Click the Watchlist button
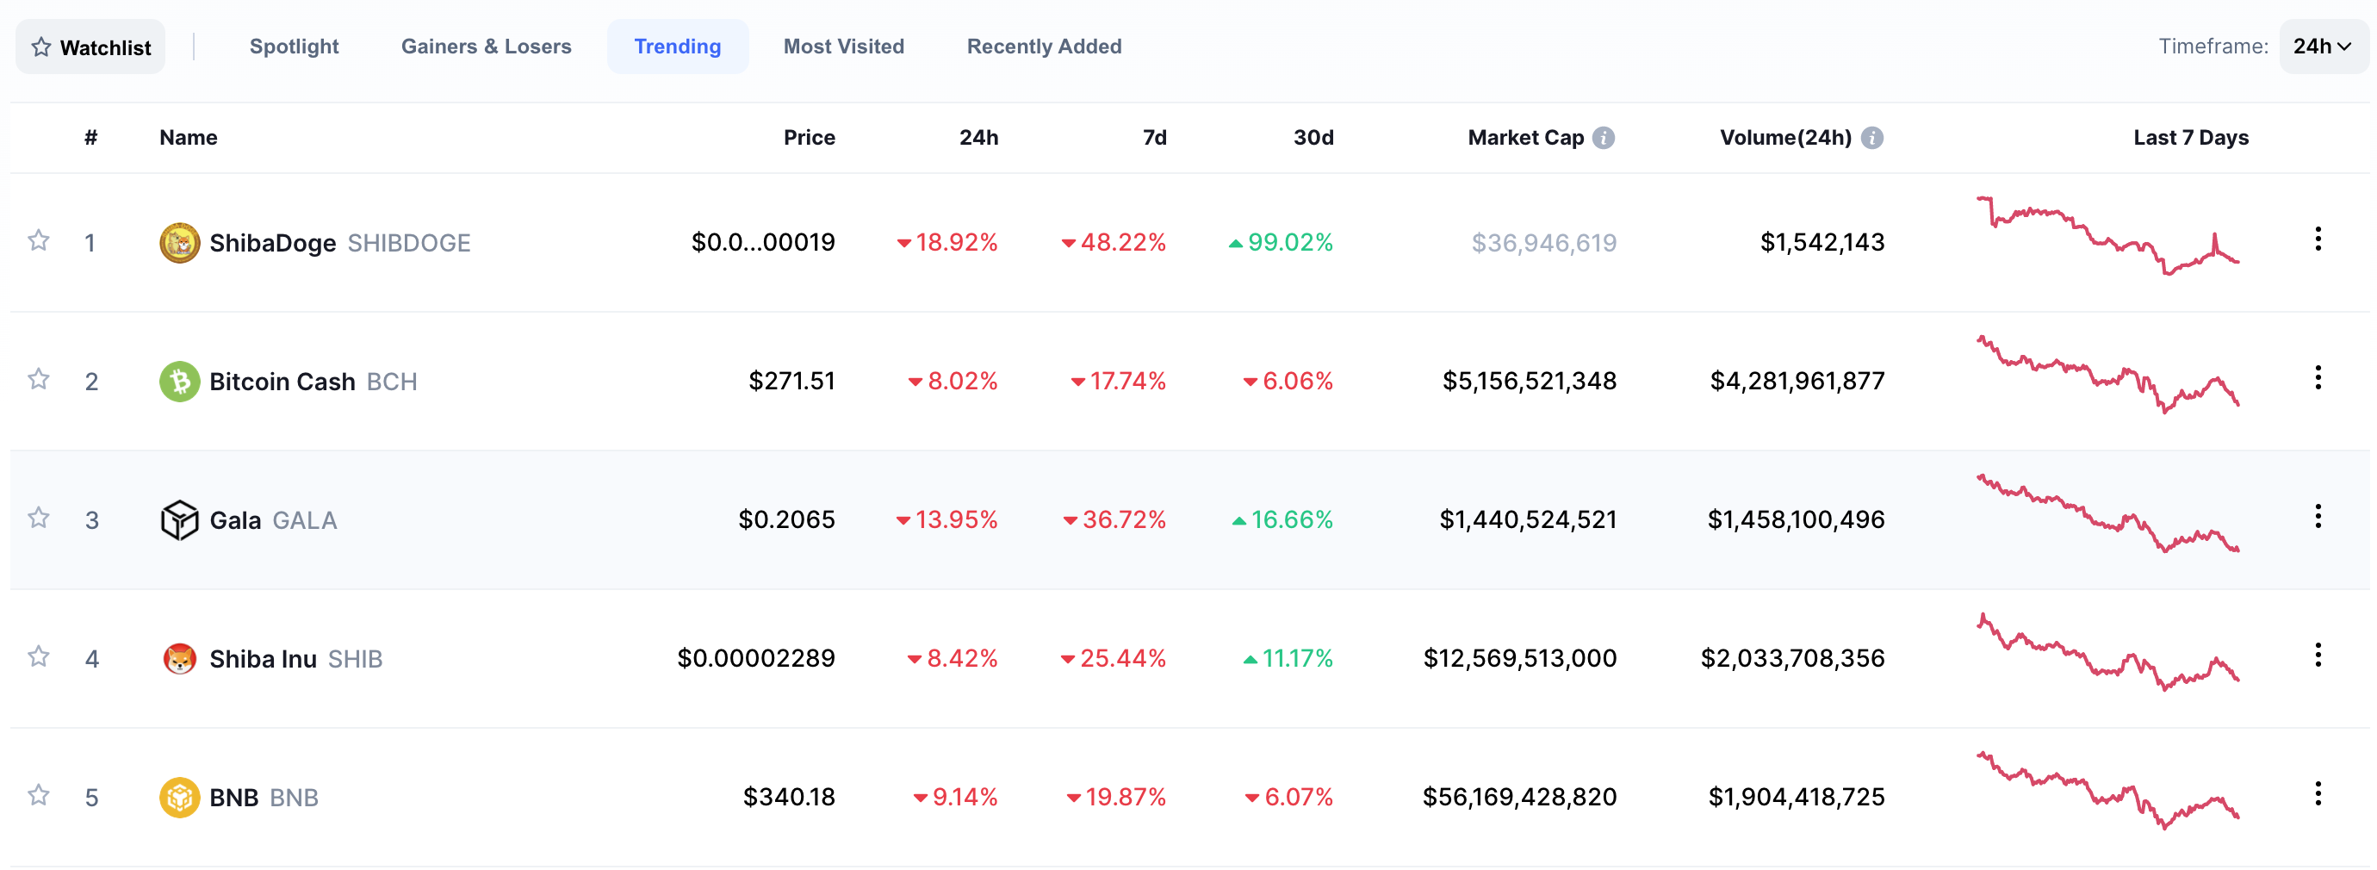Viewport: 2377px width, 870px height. point(90,47)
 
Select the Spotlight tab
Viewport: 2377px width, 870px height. point(294,47)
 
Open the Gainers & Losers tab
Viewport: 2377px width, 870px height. point(486,47)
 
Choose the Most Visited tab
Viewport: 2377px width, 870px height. point(843,47)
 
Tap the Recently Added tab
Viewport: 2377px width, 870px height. point(1044,47)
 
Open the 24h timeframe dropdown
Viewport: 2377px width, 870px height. point(2323,47)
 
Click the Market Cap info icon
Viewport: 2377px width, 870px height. point(1604,138)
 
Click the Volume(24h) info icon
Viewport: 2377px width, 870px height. point(1871,138)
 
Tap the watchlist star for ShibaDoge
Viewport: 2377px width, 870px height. point(38,241)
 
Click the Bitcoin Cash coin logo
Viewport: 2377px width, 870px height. point(179,381)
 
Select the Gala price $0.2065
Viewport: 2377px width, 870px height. point(786,519)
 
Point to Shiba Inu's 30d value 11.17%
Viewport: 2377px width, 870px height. point(1288,658)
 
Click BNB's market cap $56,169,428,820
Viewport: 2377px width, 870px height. point(1519,796)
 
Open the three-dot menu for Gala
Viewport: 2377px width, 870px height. point(2317,517)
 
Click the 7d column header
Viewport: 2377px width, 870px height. point(1154,138)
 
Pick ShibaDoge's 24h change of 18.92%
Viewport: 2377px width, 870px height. point(946,243)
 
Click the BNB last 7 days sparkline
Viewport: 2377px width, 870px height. point(2107,790)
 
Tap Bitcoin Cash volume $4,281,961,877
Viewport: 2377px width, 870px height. point(1797,381)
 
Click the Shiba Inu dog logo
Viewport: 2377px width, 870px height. point(179,659)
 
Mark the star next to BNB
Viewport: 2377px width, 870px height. point(38,794)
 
